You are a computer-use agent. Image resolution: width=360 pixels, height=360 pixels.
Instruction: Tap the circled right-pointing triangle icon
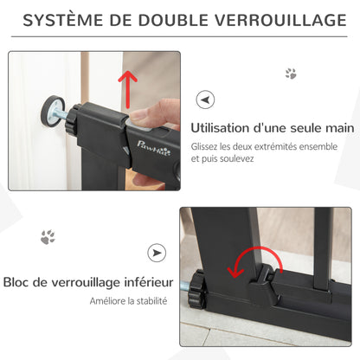click(x=157, y=254)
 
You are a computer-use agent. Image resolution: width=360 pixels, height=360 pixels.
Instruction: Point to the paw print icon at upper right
click(x=291, y=74)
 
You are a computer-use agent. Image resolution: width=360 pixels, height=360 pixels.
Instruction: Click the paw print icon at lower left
click(x=47, y=235)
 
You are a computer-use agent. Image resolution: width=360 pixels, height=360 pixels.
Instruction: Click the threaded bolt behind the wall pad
click(x=59, y=112)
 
